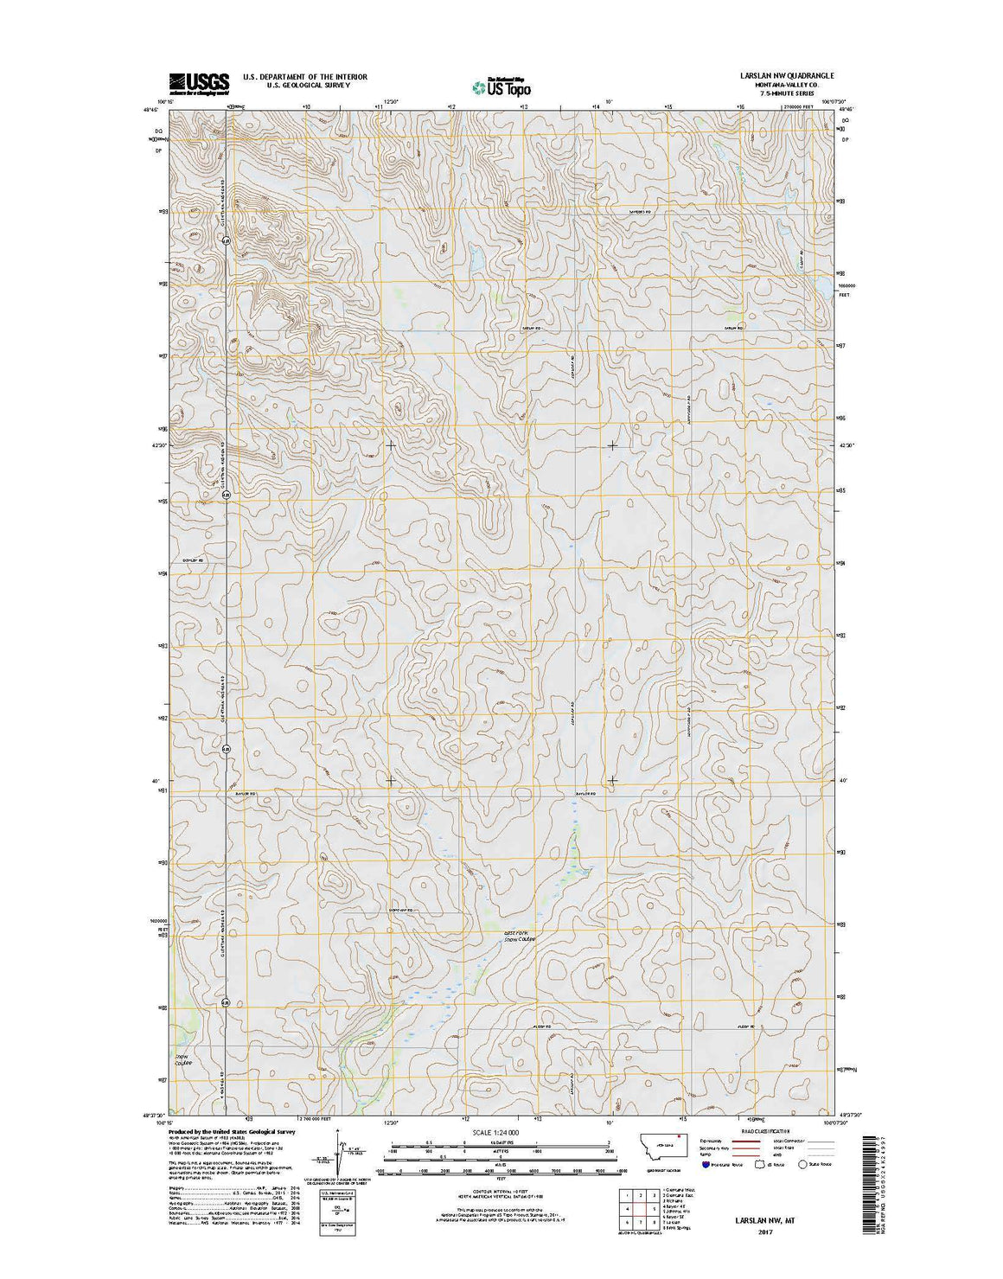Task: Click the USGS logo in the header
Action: pyautogui.click(x=199, y=83)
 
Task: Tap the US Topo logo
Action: pyautogui.click(x=501, y=86)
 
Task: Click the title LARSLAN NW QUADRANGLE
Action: pyautogui.click(x=787, y=76)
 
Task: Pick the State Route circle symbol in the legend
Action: pyautogui.click(x=802, y=1165)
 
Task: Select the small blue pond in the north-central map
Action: pyautogui.click(x=476, y=259)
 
